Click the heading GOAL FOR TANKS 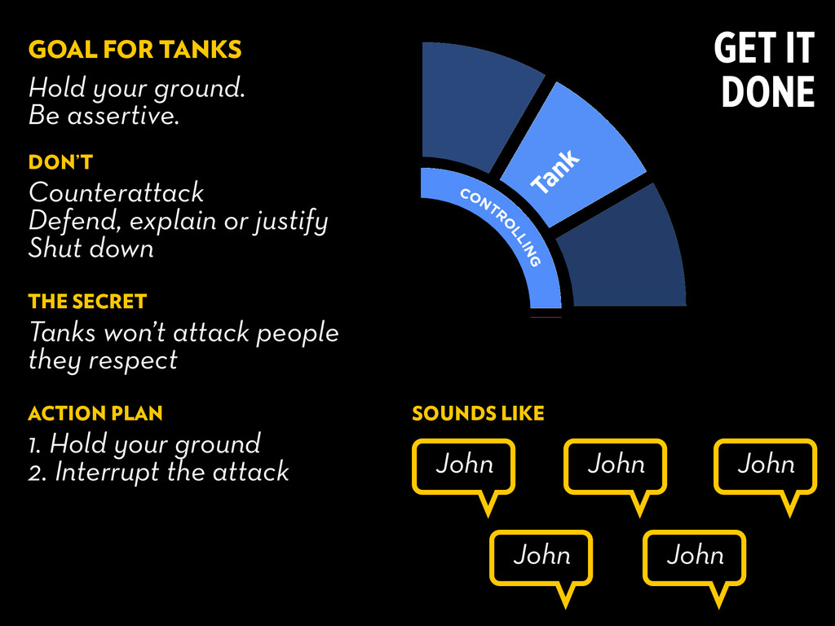point(135,50)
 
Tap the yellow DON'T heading point(60,162)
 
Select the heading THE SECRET point(87,302)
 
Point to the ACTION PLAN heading point(95,413)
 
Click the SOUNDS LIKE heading point(478,413)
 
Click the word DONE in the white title point(768,91)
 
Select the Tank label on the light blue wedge point(555,171)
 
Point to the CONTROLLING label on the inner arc point(501,227)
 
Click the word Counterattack point(116,192)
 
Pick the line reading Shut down point(91,248)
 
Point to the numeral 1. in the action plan point(34,444)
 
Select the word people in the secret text point(297,333)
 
